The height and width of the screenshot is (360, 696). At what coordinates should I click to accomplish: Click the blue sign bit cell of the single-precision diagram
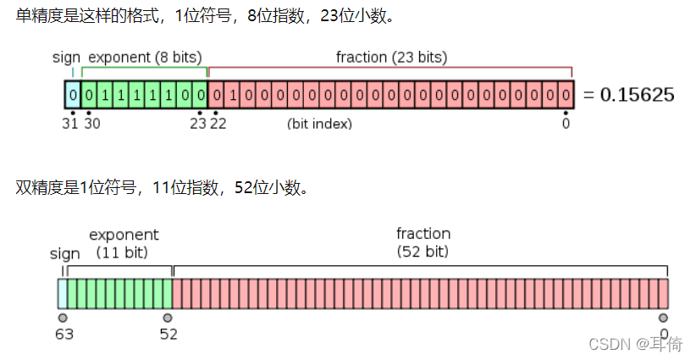(x=74, y=94)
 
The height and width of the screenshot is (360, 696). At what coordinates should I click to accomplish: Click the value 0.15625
(x=637, y=94)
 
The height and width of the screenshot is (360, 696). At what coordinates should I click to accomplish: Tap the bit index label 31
(x=72, y=124)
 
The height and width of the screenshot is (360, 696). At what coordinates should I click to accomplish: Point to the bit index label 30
(x=91, y=124)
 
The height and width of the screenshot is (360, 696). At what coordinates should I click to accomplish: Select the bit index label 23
(x=198, y=124)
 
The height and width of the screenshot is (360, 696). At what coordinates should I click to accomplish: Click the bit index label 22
(x=218, y=124)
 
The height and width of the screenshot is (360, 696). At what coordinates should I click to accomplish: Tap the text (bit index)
(x=319, y=124)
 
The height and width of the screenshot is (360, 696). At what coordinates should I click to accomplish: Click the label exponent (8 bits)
(x=146, y=58)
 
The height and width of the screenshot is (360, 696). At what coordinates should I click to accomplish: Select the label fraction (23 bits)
(x=391, y=58)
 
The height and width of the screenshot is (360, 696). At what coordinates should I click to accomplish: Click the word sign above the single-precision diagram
(x=66, y=58)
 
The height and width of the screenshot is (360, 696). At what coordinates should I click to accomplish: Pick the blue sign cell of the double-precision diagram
(x=62, y=293)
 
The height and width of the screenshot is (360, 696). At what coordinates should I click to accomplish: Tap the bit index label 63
(x=64, y=334)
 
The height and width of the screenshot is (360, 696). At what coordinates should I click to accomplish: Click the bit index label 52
(x=168, y=334)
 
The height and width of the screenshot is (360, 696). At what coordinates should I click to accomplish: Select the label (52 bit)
(x=423, y=252)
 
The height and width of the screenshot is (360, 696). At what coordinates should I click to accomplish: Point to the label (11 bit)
(x=123, y=252)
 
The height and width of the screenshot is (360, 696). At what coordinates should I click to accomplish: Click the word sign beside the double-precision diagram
(x=65, y=253)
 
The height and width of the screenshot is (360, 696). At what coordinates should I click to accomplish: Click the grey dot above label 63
(x=63, y=318)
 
